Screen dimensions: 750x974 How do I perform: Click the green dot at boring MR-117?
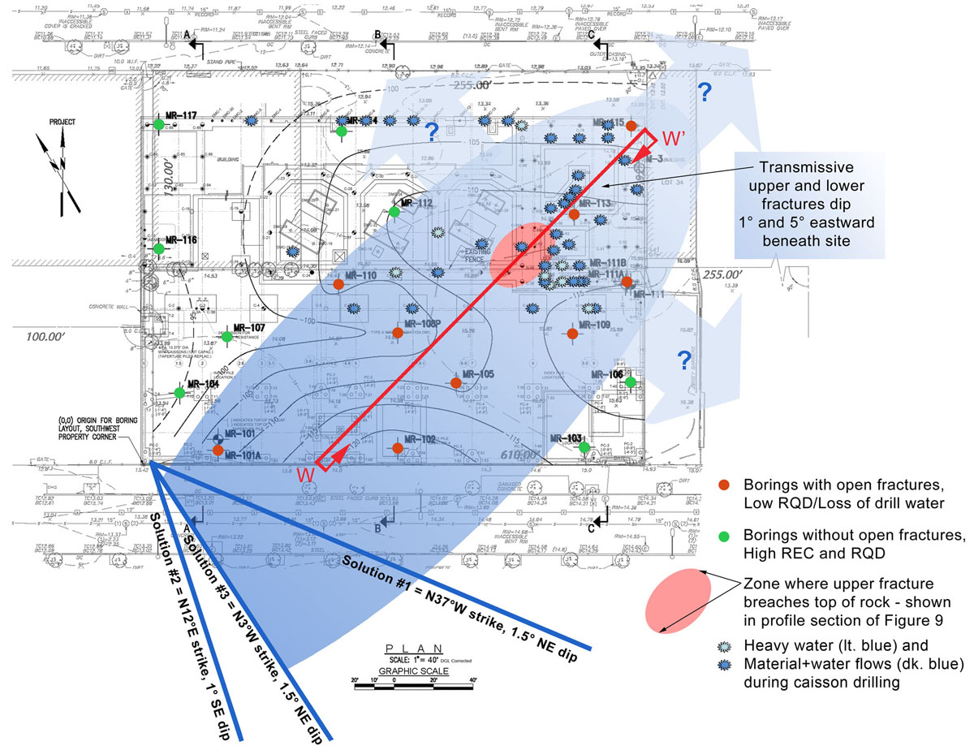(x=159, y=123)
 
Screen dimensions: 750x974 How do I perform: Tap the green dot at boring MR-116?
(x=159, y=248)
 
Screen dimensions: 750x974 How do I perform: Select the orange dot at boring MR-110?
(x=338, y=285)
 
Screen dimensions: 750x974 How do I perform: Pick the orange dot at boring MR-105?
(x=455, y=382)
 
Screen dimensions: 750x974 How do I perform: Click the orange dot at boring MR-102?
(x=398, y=447)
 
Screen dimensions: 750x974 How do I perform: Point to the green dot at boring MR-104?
(x=179, y=392)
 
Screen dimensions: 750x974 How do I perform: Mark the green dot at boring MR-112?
(x=394, y=212)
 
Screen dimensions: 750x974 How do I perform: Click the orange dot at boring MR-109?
(x=572, y=333)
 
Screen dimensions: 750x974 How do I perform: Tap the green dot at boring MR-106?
(x=630, y=381)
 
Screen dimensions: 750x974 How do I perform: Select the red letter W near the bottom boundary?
(x=305, y=474)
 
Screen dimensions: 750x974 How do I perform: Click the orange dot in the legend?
(x=724, y=485)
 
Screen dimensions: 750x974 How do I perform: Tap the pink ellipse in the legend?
(x=679, y=601)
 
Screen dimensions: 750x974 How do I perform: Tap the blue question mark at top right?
(x=705, y=93)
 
